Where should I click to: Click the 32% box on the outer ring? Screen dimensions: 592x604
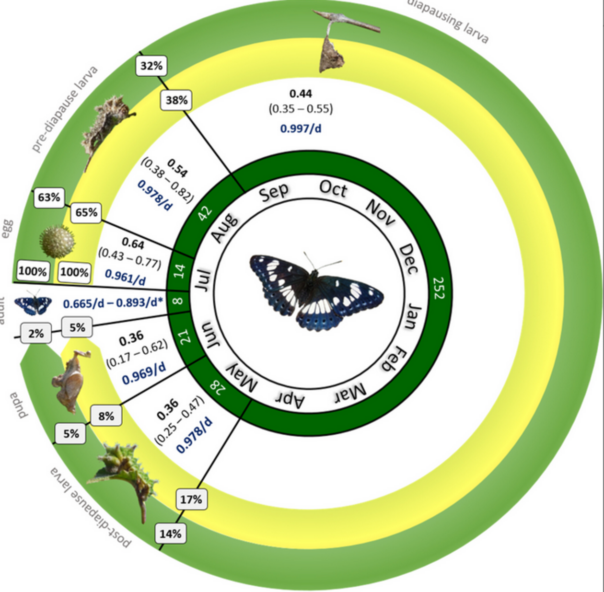(x=151, y=66)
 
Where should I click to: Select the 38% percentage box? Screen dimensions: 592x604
(x=176, y=100)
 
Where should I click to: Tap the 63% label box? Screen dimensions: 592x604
(x=49, y=197)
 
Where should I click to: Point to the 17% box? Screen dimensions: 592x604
(x=191, y=499)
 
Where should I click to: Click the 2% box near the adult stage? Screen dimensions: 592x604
(x=36, y=333)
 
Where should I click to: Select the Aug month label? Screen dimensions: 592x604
(x=224, y=228)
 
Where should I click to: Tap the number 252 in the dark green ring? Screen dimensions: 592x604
(x=439, y=288)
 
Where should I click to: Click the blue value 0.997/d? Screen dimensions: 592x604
(x=301, y=128)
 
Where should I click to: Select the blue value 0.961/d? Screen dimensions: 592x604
(x=125, y=277)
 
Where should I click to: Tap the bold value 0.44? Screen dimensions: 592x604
(x=301, y=93)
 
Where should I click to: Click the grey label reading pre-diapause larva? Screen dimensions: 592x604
(x=65, y=109)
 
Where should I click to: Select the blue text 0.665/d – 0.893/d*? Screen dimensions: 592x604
(x=113, y=303)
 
